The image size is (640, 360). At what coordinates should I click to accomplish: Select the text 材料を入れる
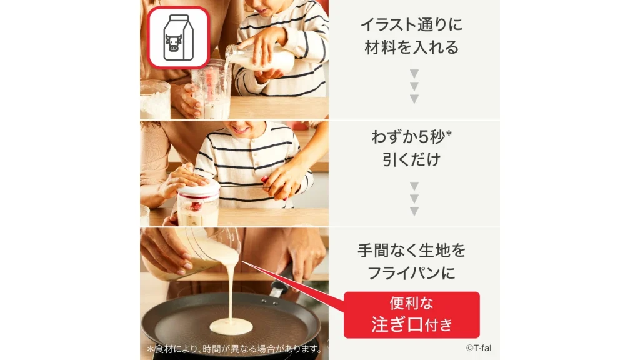click(411, 47)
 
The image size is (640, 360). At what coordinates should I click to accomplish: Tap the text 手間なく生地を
click(411, 251)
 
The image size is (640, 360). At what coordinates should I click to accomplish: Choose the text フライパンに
click(411, 273)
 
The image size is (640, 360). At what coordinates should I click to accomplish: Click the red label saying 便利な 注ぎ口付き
click(411, 315)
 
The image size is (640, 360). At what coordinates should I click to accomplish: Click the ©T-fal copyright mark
click(478, 347)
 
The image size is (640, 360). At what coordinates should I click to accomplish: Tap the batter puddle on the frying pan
click(231, 325)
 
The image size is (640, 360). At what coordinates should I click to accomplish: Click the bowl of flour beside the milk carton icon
click(154, 100)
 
